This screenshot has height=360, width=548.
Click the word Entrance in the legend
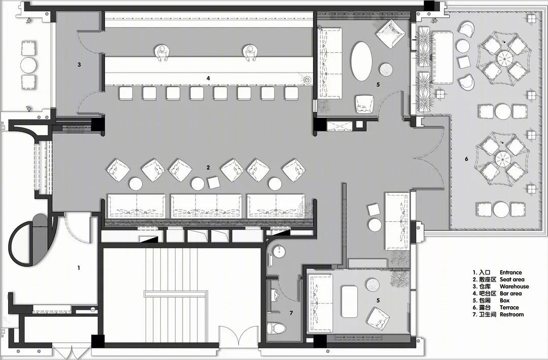pyautogui.click(x=510, y=272)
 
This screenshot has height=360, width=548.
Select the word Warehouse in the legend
pyautogui.click(x=514, y=286)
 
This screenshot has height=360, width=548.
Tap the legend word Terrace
pyautogui.click(x=509, y=307)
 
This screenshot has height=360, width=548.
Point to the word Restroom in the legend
pyautogui.click(x=511, y=314)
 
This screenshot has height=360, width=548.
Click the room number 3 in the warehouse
pyautogui.click(x=79, y=64)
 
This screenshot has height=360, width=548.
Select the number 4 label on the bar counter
pyautogui.click(x=209, y=78)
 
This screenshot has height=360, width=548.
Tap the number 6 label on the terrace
pyautogui.click(x=466, y=159)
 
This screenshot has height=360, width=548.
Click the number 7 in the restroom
pyautogui.click(x=291, y=313)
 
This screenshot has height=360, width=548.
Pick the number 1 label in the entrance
pyautogui.click(x=79, y=268)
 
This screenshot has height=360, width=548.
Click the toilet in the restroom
pyautogui.click(x=277, y=328)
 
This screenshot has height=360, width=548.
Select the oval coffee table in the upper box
pyautogui.click(x=361, y=61)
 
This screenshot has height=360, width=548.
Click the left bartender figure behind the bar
pyautogui.click(x=162, y=53)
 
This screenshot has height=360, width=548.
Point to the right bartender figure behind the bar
pyautogui.click(x=250, y=53)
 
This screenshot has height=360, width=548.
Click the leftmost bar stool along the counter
pyautogui.click(x=126, y=93)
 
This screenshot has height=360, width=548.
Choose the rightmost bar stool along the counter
pyautogui.click(x=291, y=93)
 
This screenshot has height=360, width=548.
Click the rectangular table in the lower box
pyautogui.click(x=349, y=297)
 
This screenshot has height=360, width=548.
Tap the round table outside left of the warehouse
pyautogui.click(x=28, y=64)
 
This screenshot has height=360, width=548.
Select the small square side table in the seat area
pyautogui.click(x=214, y=182)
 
